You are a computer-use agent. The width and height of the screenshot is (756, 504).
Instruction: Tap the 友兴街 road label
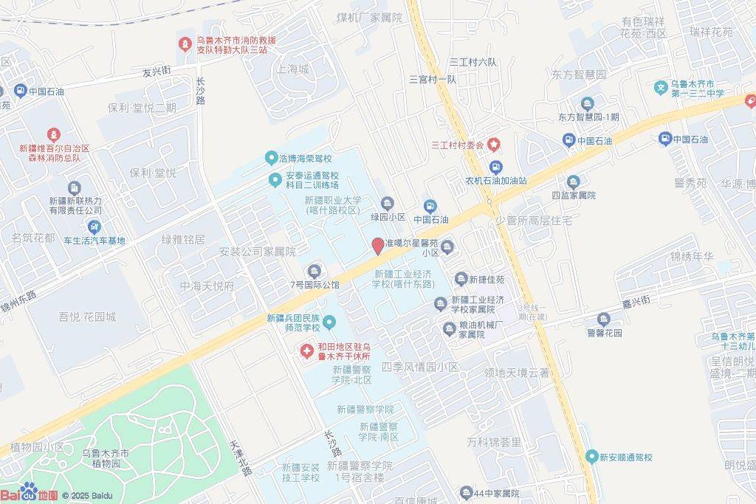(x=157, y=72)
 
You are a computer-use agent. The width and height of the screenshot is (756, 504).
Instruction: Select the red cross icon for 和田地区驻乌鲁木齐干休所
(x=306, y=349)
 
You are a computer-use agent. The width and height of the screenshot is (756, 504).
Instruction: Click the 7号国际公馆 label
(x=315, y=284)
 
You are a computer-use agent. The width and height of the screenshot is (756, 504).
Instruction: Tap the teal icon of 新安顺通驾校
(x=591, y=457)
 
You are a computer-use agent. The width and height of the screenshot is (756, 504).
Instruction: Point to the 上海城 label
(x=292, y=69)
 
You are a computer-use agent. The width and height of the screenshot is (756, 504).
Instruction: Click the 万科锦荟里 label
(x=494, y=442)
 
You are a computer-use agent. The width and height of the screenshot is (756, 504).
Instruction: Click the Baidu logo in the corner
(x=30, y=493)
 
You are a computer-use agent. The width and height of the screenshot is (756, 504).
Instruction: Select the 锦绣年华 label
(x=691, y=256)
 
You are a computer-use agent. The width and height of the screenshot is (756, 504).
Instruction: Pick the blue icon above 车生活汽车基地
(x=94, y=227)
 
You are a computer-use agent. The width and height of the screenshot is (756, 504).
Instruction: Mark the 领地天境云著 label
(x=517, y=373)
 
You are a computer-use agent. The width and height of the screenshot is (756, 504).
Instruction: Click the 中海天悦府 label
(x=207, y=286)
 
